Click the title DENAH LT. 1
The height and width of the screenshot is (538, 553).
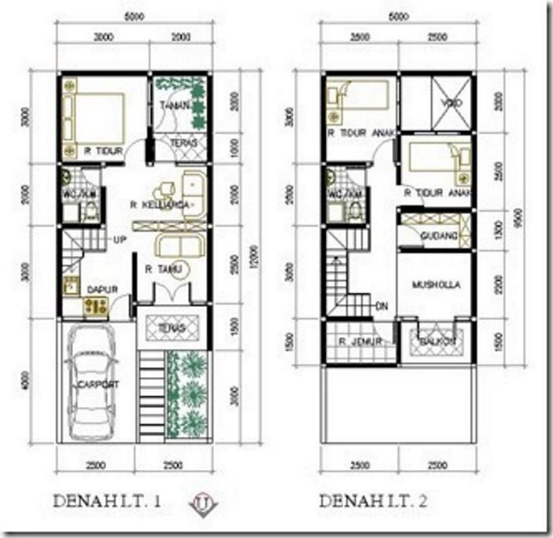pos(108,500)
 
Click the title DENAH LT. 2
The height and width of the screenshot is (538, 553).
pos(375,500)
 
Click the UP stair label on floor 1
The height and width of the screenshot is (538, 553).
pos(121,239)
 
